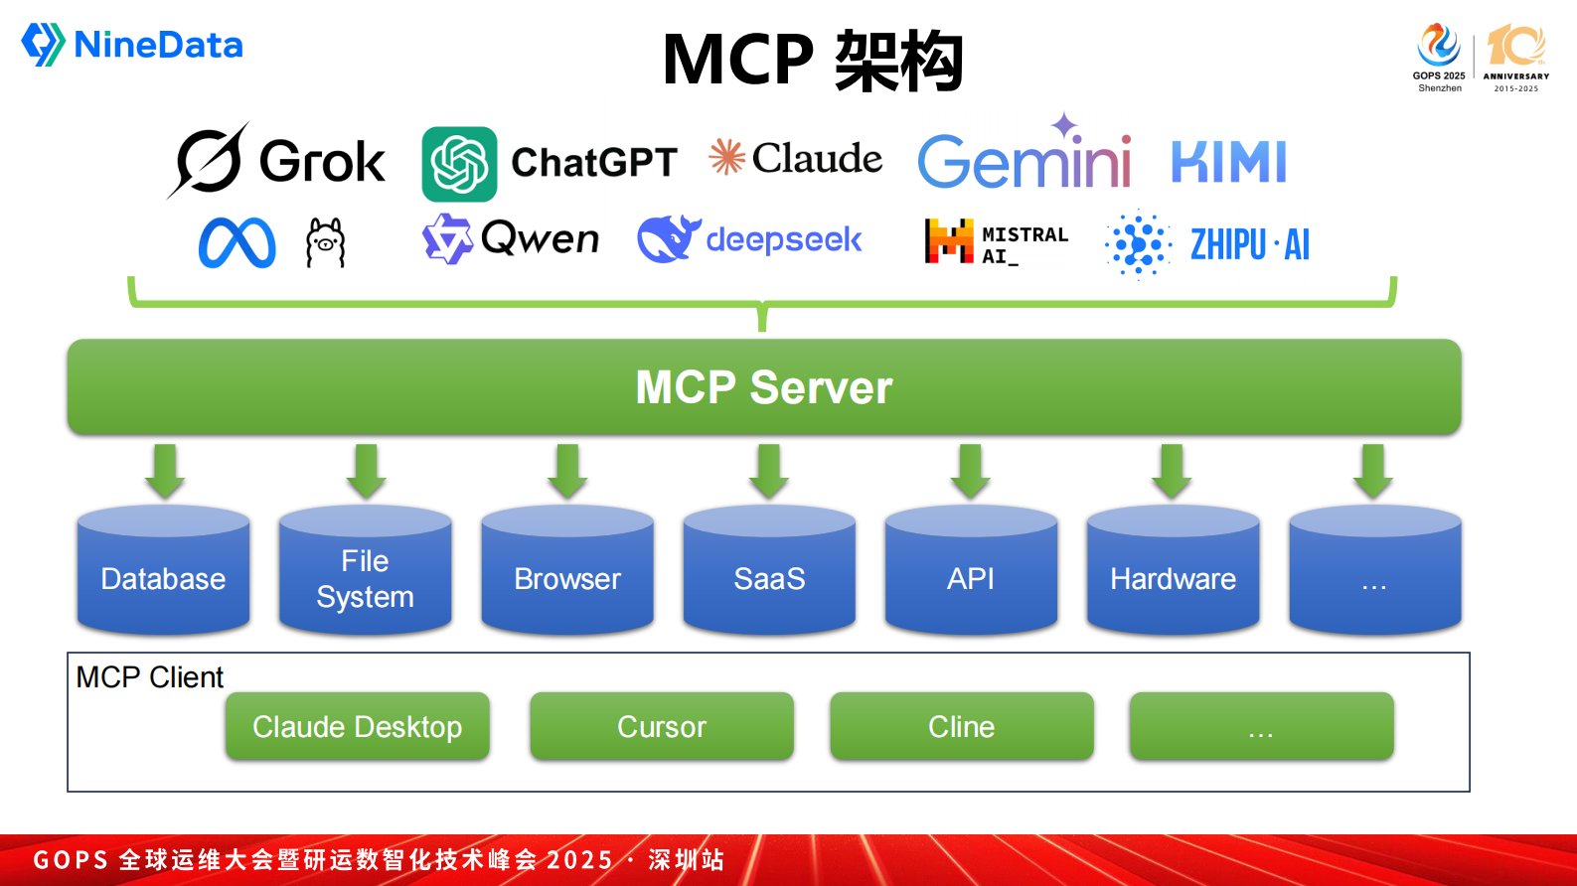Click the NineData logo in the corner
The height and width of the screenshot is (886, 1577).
[x=132, y=45]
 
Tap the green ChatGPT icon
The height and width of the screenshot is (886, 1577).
[x=459, y=164]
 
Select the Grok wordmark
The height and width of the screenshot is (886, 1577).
[x=321, y=162]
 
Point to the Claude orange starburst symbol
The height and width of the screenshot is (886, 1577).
[x=726, y=157]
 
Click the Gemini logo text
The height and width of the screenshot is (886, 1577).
[x=1024, y=161]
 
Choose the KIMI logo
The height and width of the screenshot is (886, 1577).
[x=1228, y=162]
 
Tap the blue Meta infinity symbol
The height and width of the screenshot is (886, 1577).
[x=237, y=243]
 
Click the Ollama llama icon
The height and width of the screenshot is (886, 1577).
[x=325, y=243]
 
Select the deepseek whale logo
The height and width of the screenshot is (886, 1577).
[x=668, y=239]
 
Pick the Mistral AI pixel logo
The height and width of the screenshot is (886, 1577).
[x=949, y=241]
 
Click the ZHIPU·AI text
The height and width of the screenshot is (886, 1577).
[x=1249, y=244]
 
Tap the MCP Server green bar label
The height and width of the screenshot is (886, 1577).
[x=763, y=387]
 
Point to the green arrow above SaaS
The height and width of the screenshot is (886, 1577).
[x=769, y=471]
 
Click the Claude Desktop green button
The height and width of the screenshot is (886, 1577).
[x=357, y=727]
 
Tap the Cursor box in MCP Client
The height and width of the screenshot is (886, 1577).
[x=661, y=727]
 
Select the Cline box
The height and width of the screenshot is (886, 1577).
[x=961, y=727]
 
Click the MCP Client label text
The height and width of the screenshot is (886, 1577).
[x=150, y=677]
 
